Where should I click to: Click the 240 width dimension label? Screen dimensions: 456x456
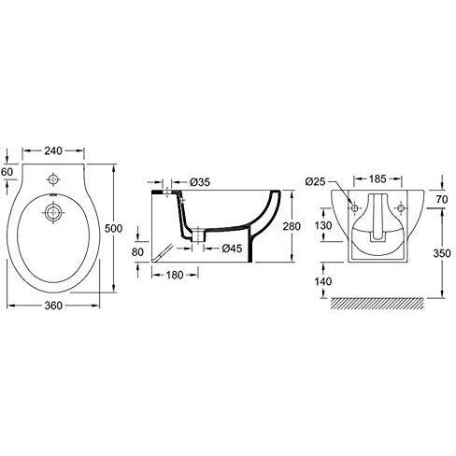[x=53, y=150]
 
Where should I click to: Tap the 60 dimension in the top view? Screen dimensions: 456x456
[x=7, y=172]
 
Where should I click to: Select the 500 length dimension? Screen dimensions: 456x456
[x=113, y=228]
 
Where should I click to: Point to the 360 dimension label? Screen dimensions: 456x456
[x=53, y=306]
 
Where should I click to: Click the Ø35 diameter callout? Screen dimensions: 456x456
[x=200, y=182]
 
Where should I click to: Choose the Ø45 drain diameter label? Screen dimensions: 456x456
[x=232, y=249]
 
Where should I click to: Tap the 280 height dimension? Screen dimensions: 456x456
[x=292, y=226]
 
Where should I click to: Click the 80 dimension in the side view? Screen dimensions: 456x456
[x=137, y=251]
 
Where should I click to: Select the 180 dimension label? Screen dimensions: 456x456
[x=175, y=275]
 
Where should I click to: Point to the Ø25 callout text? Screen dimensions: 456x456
[x=315, y=181]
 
